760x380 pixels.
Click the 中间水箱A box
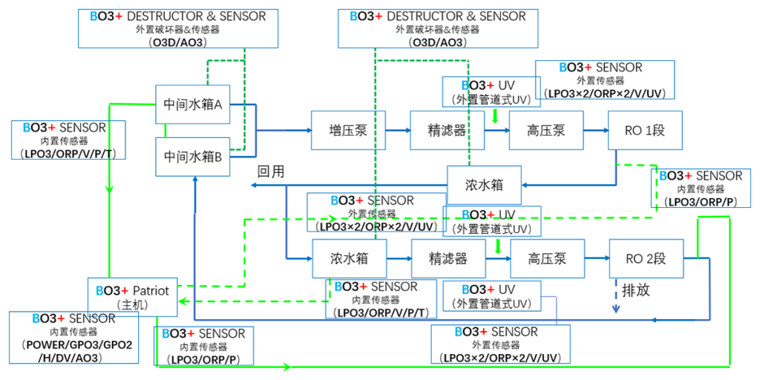(192, 105)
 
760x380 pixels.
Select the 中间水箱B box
(192, 157)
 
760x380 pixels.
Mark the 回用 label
(271, 171)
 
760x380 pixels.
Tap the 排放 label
(635, 289)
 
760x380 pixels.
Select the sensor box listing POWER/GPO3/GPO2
(73, 338)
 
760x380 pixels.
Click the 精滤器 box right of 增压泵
(448, 130)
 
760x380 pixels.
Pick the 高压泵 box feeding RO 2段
(547, 258)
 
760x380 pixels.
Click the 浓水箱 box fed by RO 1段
(484, 183)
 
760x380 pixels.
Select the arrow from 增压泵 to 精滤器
(397, 130)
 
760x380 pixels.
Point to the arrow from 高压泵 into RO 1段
(595, 130)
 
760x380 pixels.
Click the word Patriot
(151, 290)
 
